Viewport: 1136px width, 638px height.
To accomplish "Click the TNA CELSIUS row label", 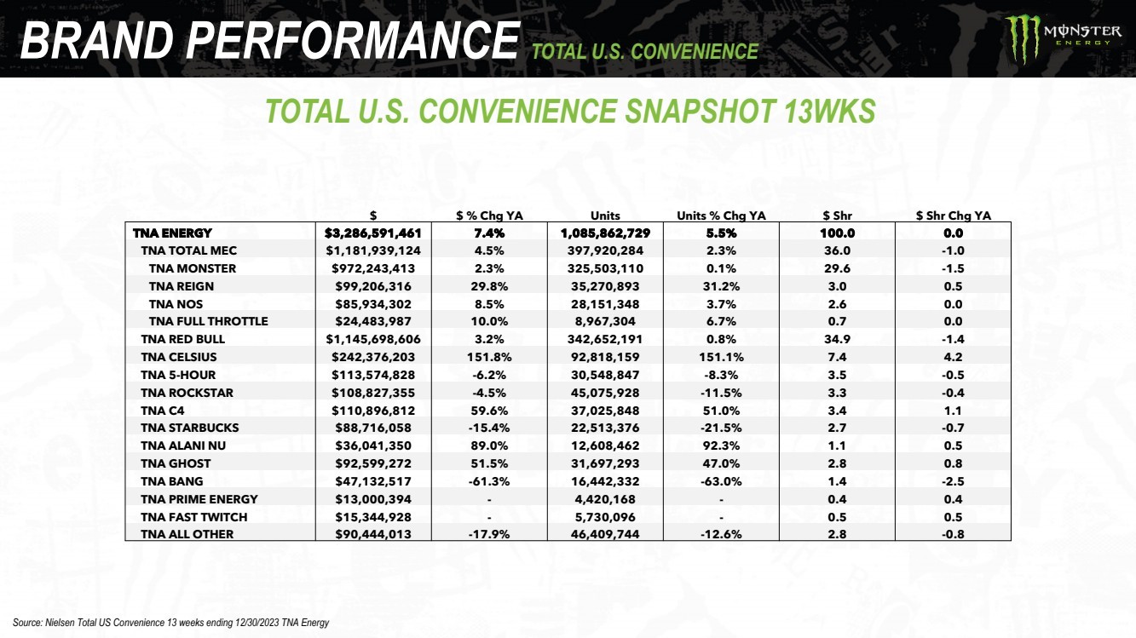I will (x=179, y=357).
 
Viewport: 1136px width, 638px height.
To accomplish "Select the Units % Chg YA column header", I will (x=720, y=216).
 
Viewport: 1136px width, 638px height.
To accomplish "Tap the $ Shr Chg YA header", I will (x=953, y=216).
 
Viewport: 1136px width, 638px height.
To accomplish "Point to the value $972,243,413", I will (x=373, y=268).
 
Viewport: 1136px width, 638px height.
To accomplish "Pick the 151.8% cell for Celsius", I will (x=489, y=357).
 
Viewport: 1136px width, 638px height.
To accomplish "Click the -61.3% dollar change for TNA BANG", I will (x=489, y=481).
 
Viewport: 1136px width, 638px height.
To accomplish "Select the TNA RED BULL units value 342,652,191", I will (x=605, y=339).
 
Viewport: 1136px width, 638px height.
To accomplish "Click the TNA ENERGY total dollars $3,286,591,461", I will (x=373, y=233).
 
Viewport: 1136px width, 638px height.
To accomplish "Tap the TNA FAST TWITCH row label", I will (x=194, y=517).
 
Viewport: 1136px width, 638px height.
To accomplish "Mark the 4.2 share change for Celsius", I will (x=953, y=357).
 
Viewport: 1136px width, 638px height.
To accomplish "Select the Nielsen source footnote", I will (x=170, y=623).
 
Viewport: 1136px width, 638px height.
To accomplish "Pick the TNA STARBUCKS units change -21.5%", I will (x=720, y=428).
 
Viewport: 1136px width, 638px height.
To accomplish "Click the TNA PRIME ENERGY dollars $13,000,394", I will (x=373, y=499).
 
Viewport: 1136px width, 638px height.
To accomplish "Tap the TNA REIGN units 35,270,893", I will (x=605, y=286).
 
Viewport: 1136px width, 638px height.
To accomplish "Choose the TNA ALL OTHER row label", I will (x=187, y=534).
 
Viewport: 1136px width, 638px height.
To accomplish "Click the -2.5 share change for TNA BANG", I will (x=953, y=481).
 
